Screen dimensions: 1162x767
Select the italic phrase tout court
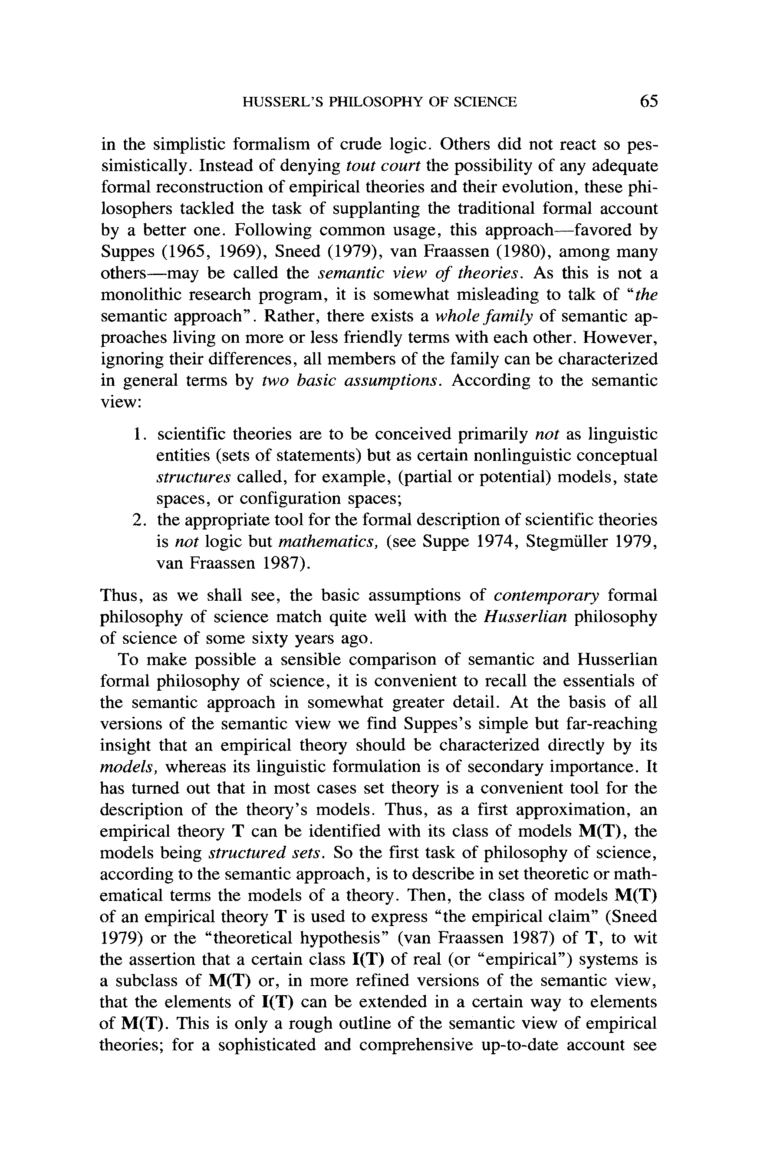click(x=383, y=166)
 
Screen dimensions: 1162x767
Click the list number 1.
click(x=138, y=434)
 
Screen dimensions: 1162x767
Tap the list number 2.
click(x=138, y=520)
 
